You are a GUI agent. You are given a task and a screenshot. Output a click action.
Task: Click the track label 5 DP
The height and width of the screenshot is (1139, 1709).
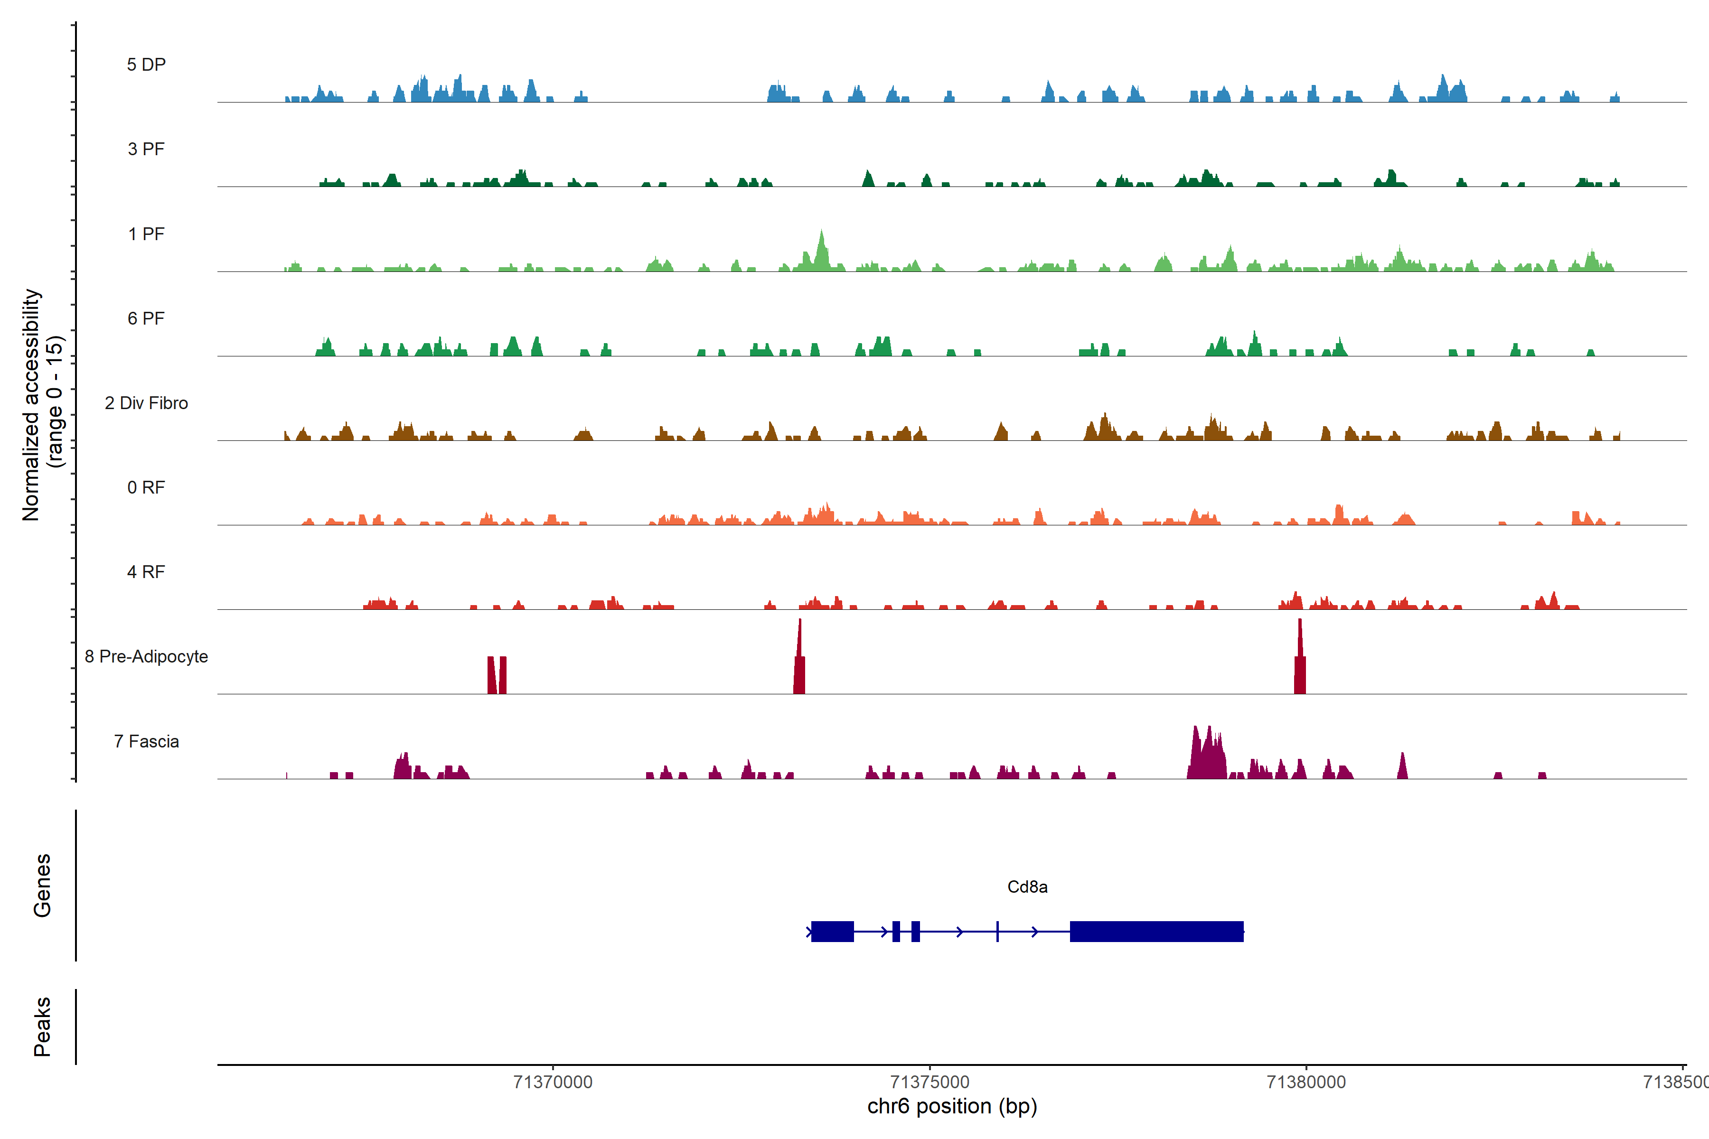pos(146,65)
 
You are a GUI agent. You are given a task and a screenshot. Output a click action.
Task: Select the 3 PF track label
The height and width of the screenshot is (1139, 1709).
pos(146,149)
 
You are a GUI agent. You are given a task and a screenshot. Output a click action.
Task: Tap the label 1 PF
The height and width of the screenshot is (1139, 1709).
pos(146,234)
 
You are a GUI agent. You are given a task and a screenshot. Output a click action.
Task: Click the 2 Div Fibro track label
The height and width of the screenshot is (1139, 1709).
pos(146,403)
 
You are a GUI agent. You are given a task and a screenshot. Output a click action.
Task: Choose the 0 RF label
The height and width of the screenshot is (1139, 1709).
pos(146,487)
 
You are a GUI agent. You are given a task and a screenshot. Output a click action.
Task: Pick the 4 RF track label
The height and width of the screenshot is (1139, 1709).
pos(146,572)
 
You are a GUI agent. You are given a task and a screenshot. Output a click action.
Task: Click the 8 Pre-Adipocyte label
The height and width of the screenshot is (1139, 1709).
pos(146,657)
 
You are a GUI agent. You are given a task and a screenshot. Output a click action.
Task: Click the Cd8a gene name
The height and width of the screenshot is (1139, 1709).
pos(1027,887)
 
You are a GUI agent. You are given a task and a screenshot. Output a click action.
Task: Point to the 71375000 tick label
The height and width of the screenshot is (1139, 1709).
pos(930,1083)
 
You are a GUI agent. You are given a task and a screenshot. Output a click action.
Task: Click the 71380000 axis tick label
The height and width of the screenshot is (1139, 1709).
pos(1306,1083)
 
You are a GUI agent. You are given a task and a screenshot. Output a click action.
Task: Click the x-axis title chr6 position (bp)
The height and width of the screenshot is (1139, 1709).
pos(952,1106)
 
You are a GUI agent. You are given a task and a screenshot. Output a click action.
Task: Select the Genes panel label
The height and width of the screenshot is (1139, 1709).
pos(42,886)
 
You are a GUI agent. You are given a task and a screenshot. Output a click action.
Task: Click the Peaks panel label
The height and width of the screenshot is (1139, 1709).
pos(42,1027)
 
